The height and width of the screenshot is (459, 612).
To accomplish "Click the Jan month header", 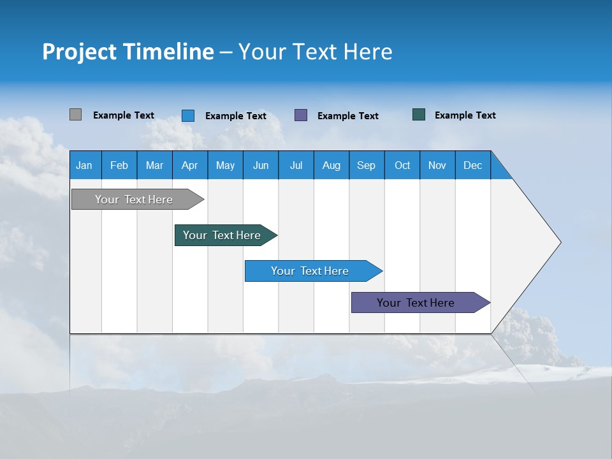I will coord(84,165).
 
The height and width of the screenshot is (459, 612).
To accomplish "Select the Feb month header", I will coord(119,165).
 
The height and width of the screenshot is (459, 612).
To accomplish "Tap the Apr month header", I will coord(189,165).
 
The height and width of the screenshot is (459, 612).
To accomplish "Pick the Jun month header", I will coord(261,165).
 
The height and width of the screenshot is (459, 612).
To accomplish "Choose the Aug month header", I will coord(331,165).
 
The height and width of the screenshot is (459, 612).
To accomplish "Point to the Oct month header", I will coord(402,165).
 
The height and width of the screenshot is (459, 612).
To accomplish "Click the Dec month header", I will coord(472,165).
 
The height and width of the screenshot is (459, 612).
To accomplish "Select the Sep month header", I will coord(366,165).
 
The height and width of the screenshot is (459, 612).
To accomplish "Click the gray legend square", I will coord(75,115).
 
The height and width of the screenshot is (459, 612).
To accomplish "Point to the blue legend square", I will coord(188,115).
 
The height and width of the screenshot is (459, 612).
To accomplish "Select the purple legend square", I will coord(301,115).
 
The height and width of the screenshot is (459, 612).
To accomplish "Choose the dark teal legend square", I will coord(419,115).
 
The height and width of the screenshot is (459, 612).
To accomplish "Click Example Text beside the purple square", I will coord(347,116).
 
